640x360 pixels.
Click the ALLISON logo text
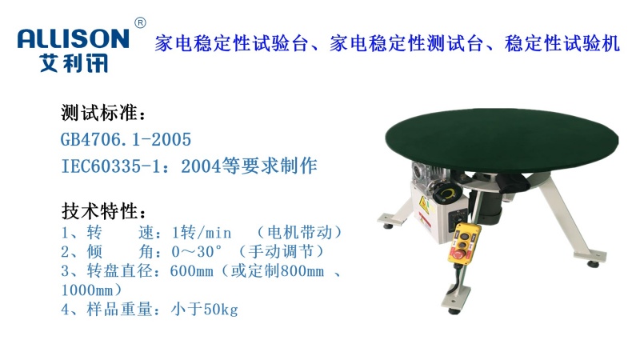(72, 38)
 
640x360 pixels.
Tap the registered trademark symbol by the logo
(140, 22)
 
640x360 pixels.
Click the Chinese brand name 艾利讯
(74, 62)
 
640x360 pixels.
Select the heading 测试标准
(103, 112)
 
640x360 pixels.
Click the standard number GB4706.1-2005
(126, 139)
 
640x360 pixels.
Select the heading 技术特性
(103, 212)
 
